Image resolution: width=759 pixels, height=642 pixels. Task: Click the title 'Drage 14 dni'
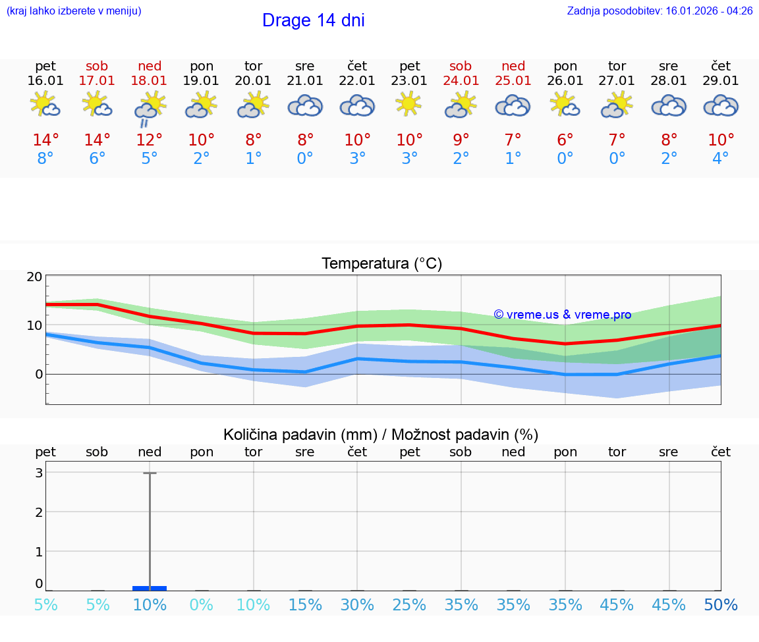coord(313,20)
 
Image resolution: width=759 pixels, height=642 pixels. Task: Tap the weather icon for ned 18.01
coord(150,107)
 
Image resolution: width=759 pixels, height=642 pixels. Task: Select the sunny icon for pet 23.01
coord(409,104)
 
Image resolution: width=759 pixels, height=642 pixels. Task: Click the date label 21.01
coord(305,80)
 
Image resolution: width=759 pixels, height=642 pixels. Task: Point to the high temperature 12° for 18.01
coord(150,140)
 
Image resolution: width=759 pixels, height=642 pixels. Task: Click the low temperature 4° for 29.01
coord(721,158)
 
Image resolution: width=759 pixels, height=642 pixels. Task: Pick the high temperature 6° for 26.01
coord(565,140)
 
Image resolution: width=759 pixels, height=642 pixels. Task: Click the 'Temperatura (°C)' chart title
coord(381,264)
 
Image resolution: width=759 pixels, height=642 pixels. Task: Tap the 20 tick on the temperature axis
coord(34,277)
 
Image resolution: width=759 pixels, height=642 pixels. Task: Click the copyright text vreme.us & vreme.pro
coord(563,315)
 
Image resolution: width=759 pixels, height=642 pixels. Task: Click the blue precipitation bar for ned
coord(150,587)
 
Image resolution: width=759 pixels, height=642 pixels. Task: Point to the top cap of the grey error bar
coord(150,473)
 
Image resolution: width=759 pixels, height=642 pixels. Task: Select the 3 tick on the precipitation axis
coord(39,473)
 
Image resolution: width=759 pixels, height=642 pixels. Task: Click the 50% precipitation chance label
coord(721,605)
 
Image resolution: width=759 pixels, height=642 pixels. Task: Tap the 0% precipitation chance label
coord(202,605)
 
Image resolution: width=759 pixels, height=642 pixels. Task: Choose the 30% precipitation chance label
coord(357,605)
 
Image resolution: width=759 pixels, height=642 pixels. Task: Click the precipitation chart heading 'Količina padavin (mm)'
coord(300,435)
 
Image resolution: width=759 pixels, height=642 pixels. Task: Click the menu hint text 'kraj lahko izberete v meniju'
coord(74,11)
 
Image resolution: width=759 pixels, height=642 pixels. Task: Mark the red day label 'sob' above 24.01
coord(461,66)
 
